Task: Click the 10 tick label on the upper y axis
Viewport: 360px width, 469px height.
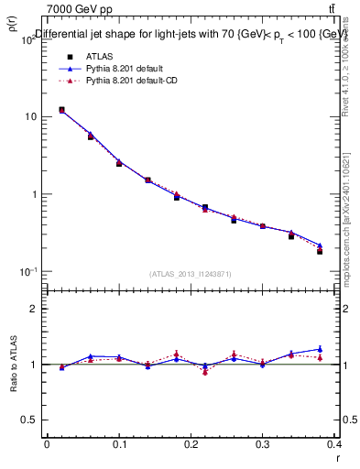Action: [32, 117]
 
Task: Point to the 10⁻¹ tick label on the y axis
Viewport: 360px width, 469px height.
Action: [30, 271]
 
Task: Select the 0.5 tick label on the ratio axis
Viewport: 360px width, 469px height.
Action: [32, 420]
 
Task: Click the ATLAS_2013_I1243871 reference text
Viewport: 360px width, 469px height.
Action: [191, 274]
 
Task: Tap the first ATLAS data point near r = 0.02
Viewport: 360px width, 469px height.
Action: [61, 110]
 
